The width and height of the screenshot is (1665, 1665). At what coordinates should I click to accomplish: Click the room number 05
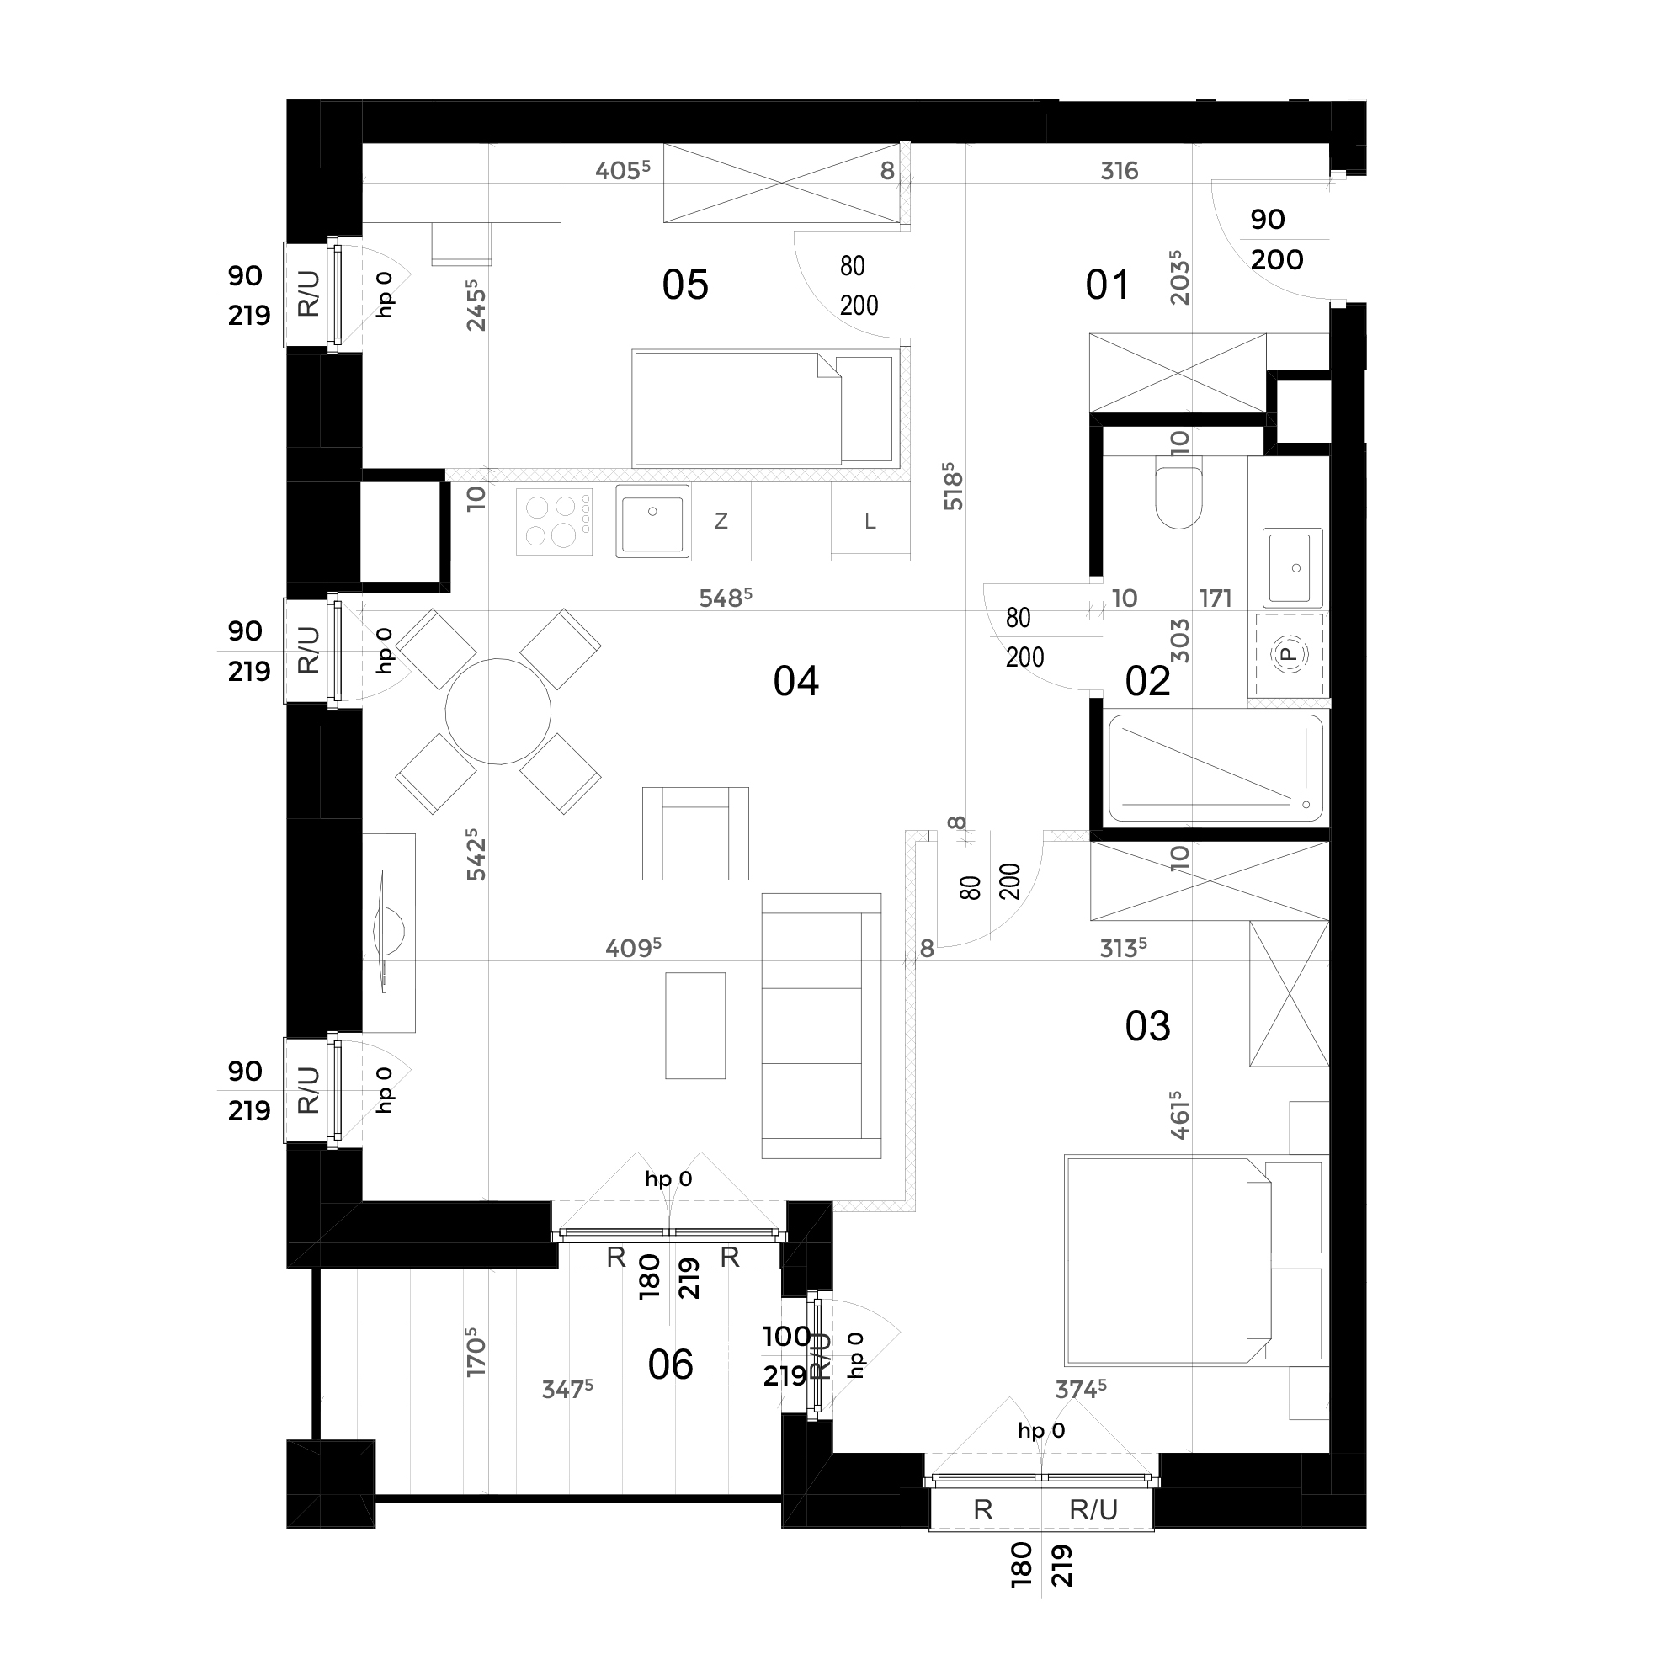pyautogui.click(x=685, y=285)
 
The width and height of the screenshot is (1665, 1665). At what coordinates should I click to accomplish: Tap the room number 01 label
pyautogui.click(x=1107, y=285)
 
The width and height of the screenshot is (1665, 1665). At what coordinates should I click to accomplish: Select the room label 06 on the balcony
pyautogui.click(x=671, y=1365)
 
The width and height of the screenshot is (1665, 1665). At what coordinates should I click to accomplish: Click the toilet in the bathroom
pyautogui.click(x=1178, y=497)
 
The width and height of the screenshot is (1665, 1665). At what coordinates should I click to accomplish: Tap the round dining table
pyautogui.click(x=498, y=712)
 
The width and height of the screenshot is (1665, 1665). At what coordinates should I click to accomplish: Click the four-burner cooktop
pyautogui.click(x=554, y=521)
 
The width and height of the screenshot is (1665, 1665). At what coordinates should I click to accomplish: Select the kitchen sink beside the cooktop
pyautogui.click(x=652, y=520)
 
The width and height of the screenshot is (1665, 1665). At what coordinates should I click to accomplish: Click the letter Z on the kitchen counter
pyautogui.click(x=721, y=520)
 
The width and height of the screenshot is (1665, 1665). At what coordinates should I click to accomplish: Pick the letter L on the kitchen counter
pyautogui.click(x=870, y=521)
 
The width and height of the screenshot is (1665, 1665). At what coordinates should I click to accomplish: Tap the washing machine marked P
pyautogui.click(x=1289, y=654)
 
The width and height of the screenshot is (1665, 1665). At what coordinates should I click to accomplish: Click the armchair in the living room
pyautogui.click(x=695, y=833)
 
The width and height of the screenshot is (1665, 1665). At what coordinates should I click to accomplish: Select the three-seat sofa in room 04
pyautogui.click(x=822, y=1025)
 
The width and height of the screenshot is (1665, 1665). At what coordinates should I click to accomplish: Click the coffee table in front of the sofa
pyautogui.click(x=695, y=1025)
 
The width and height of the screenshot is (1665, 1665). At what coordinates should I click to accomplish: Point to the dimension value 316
pyautogui.click(x=1120, y=171)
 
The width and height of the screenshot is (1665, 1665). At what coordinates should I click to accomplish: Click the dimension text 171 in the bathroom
pyautogui.click(x=1216, y=598)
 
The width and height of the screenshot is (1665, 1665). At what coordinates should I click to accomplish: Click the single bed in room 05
pyautogui.click(x=765, y=408)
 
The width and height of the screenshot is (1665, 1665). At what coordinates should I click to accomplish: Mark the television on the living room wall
pyautogui.click(x=387, y=933)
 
